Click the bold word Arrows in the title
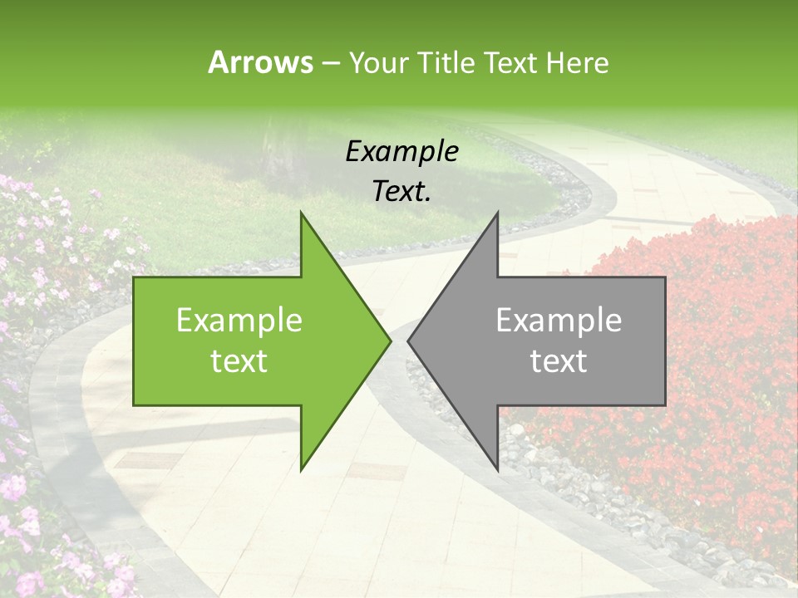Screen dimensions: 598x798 pyautogui.click(x=260, y=62)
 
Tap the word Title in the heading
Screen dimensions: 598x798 pyautogui.click(x=445, y=62)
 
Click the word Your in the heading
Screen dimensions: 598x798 pyautogui.click(x=378, y=63)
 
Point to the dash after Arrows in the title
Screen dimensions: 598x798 pyautogui.click(x=330, y=64)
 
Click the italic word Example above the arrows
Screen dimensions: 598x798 pyautogui.click(x=401, y=151)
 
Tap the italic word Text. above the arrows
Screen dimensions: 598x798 pyautogui.click(x=401, y=191)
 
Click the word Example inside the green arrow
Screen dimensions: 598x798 pyautogui.click(x=239, y=320)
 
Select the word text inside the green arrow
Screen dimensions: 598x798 pyautogui.click(x=239, y=361)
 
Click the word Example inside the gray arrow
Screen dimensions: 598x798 pyautogui.click(x=559, y=320)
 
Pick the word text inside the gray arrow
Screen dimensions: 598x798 pyautogui.click(x=559, y=361)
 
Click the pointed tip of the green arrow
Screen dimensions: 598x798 pyautogui.click(x=389, y=341)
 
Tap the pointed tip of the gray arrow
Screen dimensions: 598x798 pyautogui.click(x=409, y=341)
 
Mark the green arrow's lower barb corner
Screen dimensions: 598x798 pyautogui.click(x=302, y=469)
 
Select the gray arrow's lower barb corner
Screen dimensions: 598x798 pyautogui.click(x=497, y=469)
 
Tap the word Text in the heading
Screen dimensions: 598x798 pyautogui.click(x=508, y=62)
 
